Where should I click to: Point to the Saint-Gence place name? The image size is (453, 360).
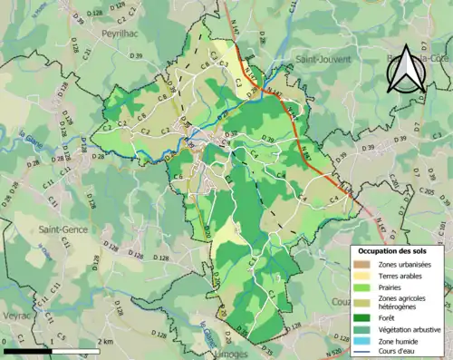coord(63,229)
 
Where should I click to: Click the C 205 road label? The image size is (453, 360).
coord(429,192)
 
